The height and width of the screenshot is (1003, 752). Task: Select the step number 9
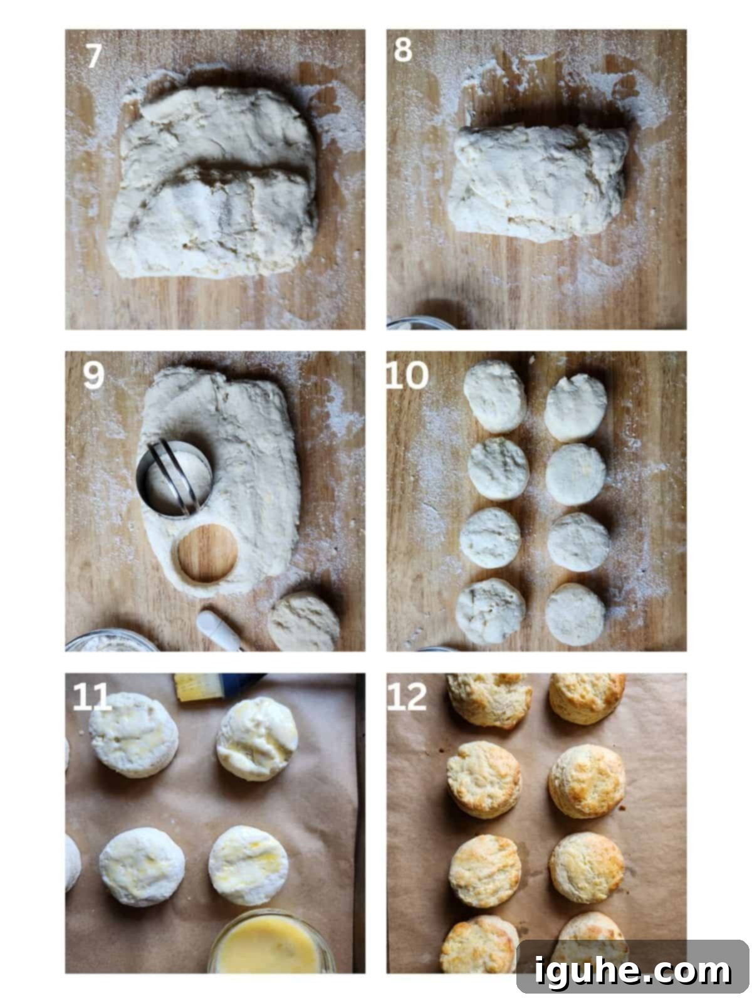(x=93, y=377)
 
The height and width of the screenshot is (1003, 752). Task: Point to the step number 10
(x=407, y=377)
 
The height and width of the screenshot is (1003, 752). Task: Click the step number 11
(x=91, y=698)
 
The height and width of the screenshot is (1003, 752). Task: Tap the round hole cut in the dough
(x=207, y=555)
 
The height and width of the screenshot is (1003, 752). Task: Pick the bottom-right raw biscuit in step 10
(x=575, y=614)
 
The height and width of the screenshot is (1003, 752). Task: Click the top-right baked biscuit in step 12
(x=587, y=697)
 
